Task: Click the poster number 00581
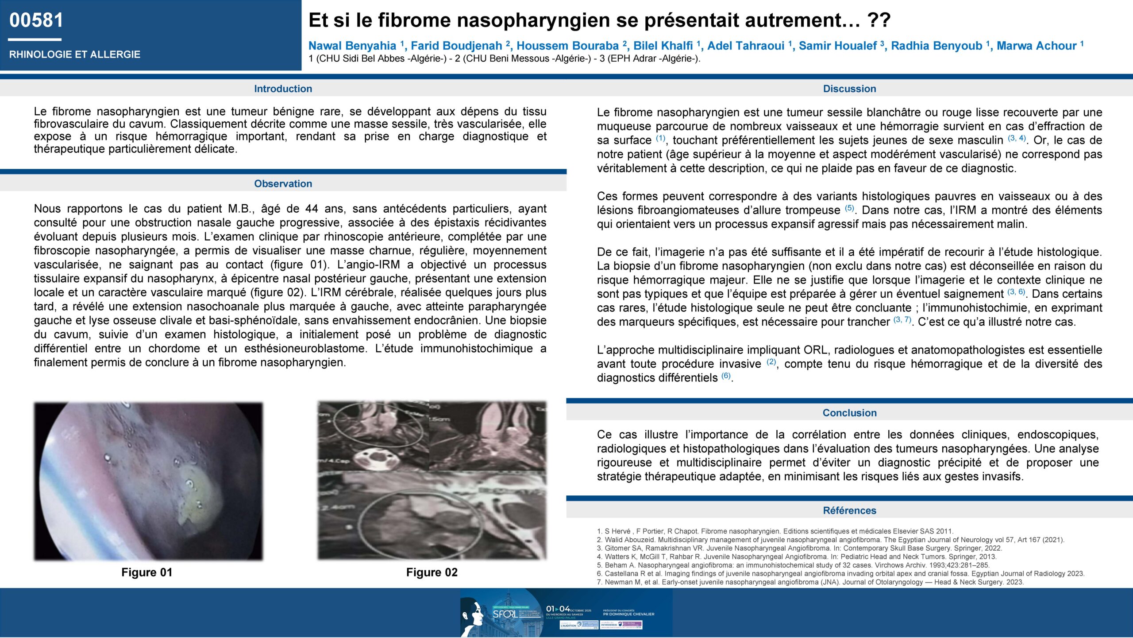pos(36,20)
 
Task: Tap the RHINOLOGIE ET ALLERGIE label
pos(74,54)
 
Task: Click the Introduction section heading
pos(283,89)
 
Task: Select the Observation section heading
pos(283,183)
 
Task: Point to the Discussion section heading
pos(849,89)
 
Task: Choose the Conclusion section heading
pos(849,412)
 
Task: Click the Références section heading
pos(849,510)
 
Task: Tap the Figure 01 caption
pos(146,572)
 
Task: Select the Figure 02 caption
pos(432,572)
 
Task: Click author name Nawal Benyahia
pos(352,46)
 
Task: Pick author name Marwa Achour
pos(1036,46)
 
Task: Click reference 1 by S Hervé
pos(775,531)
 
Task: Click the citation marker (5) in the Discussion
pos(849,208)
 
